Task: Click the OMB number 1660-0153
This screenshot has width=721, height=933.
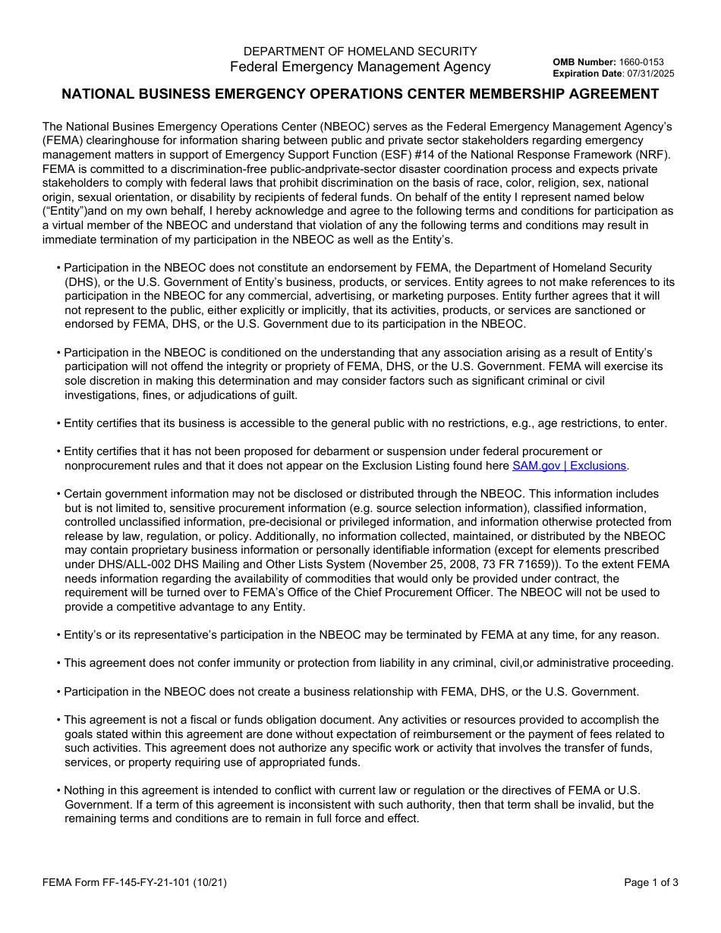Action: [641, 62]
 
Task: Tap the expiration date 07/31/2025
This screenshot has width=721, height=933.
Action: [648, 74]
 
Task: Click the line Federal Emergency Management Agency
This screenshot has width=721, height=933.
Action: [360, 67]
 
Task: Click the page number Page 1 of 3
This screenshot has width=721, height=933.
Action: [651, 882]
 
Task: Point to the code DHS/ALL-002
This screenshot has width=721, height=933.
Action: [128, 564]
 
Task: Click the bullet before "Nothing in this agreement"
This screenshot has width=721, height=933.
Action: [58, 790]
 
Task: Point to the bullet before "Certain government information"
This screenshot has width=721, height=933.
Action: [58, 494]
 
